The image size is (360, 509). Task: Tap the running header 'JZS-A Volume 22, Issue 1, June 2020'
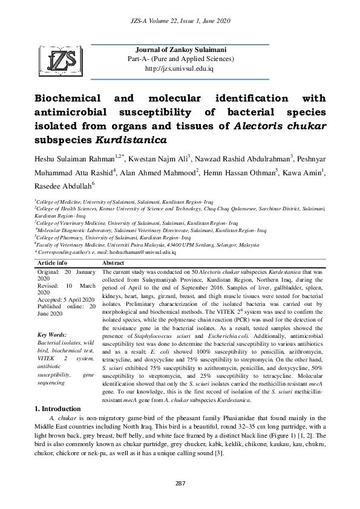coord(180,21)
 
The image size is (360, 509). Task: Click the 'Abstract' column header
coord(113,264)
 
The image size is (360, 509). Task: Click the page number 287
coord(180,482)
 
